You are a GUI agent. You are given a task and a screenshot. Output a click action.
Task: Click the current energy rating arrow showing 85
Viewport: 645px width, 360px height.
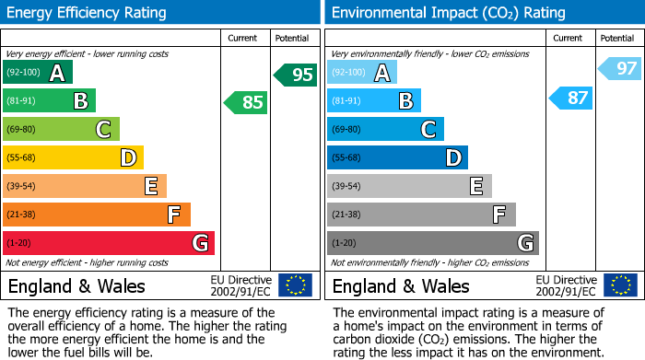[x=246, y=102]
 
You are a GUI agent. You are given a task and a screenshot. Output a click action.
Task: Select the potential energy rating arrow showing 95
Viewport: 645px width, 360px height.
[x=296, y=75]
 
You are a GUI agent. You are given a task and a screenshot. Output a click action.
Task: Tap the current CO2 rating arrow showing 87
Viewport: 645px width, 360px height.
[x=571, y=98]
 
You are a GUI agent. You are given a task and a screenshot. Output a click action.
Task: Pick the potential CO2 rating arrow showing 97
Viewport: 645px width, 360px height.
[x=620, y=68]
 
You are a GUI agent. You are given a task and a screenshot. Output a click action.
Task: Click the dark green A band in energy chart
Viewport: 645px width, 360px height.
[x=38, y=73]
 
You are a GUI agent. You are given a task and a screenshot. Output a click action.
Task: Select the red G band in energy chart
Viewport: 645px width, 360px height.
[x=109, y=243]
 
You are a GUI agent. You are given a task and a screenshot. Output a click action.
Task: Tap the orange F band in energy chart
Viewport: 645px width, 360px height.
[x=97, y=215]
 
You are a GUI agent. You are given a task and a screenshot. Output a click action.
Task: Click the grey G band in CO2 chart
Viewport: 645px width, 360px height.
[x=432, y=243]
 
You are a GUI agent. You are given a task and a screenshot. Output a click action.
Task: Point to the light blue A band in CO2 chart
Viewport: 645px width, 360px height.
[x=362, y=73]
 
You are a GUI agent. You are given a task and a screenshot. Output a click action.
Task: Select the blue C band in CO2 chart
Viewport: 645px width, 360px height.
[x=385, y=130]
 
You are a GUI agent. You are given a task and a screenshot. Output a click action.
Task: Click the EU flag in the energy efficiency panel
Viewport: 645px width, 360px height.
[x=296, y=285]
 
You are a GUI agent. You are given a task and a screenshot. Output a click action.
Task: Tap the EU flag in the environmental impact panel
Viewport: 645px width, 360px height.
[x=621, y=285]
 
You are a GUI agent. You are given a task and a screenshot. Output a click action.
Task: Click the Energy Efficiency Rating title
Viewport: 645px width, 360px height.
[x=88, y=13]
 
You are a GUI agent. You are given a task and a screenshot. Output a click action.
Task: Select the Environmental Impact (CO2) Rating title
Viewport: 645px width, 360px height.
[x=448, y=13]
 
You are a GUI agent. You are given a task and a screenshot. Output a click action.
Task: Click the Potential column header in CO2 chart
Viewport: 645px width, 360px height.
[x=617, y=38]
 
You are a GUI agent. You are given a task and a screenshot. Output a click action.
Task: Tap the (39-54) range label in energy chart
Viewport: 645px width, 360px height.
[x=21, y=187]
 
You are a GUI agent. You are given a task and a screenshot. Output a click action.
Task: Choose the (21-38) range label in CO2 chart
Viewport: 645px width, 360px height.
[x=346, y=215]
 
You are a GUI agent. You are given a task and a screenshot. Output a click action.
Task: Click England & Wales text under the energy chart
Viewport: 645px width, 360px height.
[x=76, y=286]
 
